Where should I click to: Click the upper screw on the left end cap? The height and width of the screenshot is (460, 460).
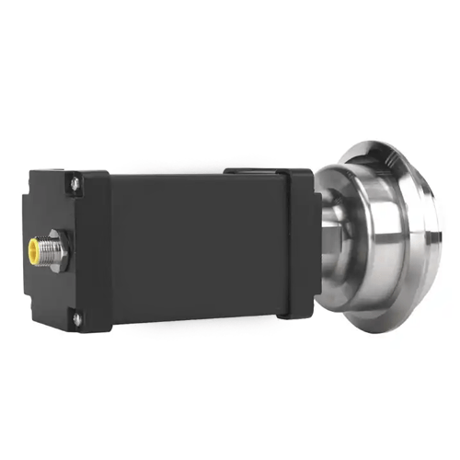tap(74, 187)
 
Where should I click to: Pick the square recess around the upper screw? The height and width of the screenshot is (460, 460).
tap(74, 188)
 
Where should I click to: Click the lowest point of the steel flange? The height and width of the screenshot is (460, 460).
tap(386, 331)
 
